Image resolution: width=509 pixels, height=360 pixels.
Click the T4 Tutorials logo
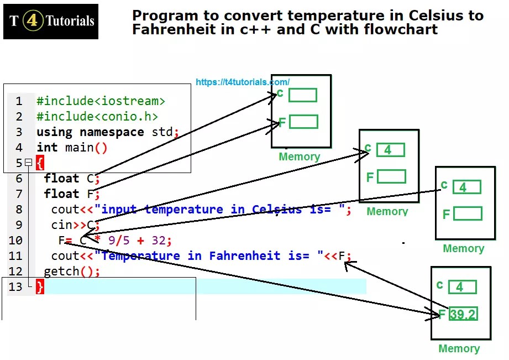pos(51,22)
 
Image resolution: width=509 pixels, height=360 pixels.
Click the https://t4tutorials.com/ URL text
pos(242,82)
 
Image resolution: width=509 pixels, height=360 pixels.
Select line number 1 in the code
pos(19,101)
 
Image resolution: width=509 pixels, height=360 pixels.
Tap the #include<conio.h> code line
pos(97,117)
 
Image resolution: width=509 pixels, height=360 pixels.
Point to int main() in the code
pos(72,148)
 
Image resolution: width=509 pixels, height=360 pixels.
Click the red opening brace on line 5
pos(40,163)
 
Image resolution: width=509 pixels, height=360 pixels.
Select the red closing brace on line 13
pos(40,286)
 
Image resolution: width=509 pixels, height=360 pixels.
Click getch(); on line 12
pos(72,272)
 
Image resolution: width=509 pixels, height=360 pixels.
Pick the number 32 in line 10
pos(159,241)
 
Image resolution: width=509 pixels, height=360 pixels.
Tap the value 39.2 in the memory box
pos(463,315)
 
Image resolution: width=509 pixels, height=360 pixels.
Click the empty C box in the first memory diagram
pos(303,95)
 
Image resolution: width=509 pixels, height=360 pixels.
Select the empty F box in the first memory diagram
pos(303,122)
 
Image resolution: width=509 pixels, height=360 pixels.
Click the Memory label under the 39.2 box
pos(459,348)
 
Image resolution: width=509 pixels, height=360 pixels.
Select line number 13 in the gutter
pos(16,286)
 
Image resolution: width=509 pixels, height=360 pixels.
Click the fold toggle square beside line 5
pos(29,163)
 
